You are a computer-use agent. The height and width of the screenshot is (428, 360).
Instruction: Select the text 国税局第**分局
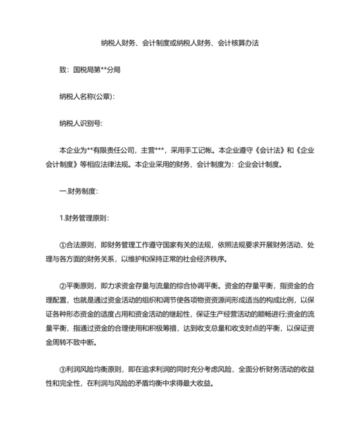(97, 70)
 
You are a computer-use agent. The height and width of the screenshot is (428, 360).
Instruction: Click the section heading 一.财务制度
(78, 191)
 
